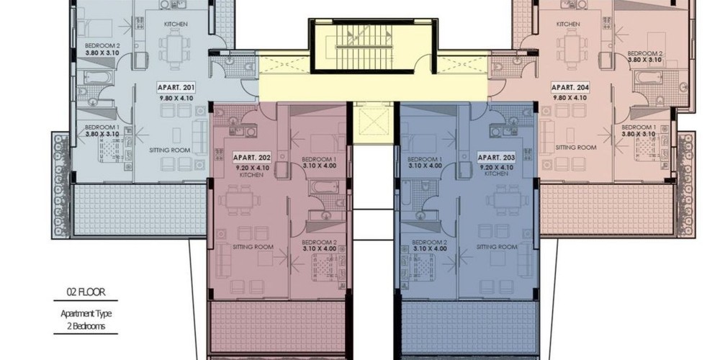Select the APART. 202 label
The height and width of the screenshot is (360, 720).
point(252,158)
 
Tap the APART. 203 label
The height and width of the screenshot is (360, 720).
point(496,158)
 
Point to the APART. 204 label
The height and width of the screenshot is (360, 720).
point(570,87)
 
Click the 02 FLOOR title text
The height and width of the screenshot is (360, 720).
point(86,292)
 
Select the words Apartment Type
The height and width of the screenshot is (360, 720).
point(86,314)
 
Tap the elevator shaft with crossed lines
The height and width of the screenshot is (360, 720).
point(373,122)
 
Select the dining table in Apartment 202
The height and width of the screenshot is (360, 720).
point(239,200)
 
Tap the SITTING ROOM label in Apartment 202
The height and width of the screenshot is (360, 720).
point(253,247)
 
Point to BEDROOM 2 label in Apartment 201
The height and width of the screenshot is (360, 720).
point(102,46)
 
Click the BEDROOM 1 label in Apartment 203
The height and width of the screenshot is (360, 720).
point(425,159)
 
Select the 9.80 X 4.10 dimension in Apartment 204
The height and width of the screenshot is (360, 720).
point(570,98)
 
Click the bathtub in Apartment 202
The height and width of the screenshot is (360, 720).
point(324,186)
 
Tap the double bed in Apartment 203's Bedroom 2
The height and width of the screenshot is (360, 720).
point(418,267)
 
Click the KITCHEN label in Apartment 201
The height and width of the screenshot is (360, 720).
point(176,24)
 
